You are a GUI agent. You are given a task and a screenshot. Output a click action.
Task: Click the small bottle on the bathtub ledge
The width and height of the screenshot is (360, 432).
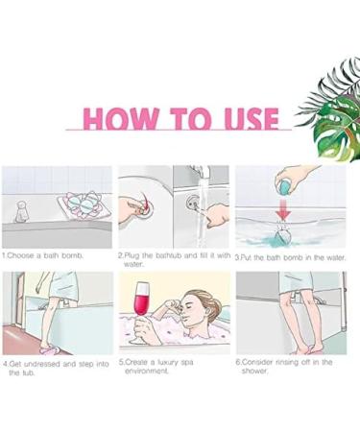(x=22, y=211)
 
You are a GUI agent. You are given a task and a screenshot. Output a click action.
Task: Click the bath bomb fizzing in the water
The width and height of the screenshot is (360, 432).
(x=282, y=236)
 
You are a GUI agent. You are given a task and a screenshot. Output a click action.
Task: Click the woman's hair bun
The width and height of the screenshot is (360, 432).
(x=215, y=303)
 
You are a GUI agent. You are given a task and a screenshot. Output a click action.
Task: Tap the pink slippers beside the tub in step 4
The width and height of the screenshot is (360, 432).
(x=51, y=349)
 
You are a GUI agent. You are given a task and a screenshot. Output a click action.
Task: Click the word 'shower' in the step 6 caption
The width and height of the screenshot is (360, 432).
(x=254, y=372)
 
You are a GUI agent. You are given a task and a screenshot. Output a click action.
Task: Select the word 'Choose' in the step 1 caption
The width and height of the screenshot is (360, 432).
(x=19, y=255)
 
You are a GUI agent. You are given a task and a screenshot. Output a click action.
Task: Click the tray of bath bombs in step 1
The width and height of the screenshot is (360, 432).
(x=84, y=204)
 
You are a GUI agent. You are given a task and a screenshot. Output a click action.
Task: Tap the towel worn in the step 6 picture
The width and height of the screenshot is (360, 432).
(x=295, y=282)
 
